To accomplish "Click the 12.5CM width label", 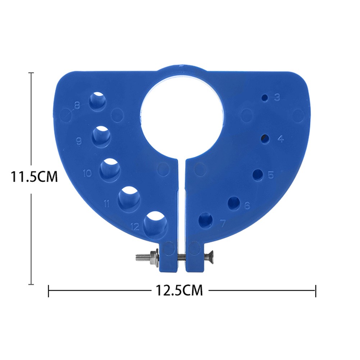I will pos(179,290).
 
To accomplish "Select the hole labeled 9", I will pos(101,136).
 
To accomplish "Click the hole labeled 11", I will pos(129,197).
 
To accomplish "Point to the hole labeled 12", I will pos(155,222).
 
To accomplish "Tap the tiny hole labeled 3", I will pos(265,98).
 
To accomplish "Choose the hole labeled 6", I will pos(234,202).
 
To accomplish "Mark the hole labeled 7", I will pos(205,220).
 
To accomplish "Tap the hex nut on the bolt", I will pos(155,257).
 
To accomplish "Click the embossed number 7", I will pos(222,223).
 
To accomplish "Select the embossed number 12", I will pos(135,227).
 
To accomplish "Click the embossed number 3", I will pos(277,97).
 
